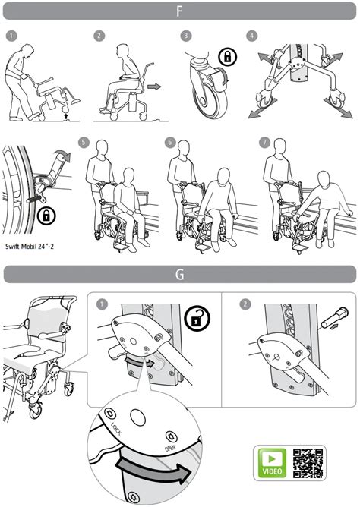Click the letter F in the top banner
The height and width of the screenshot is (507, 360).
[179, 11]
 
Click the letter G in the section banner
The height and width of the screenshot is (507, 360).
[179, 274]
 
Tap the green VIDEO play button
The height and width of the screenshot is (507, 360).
[272, 463]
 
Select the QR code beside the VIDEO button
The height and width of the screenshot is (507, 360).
[308, 463]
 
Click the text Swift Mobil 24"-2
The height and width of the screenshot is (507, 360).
[30, 247]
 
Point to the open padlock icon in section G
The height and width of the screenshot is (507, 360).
[197, 319]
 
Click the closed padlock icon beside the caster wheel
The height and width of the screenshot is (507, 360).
[228, 57]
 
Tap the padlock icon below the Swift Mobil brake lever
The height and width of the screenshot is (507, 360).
[46, 216]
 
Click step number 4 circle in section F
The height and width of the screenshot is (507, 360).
[251, 36]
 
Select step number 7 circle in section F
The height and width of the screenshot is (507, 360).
[264, 142]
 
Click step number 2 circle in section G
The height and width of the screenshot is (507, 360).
[245, 304]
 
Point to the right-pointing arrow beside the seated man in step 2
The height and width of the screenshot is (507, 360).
[154, 87]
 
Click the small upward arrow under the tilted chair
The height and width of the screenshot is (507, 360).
[66, 116]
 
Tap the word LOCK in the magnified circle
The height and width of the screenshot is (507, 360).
[116, 428]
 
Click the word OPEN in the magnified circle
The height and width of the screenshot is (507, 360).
[170, 448]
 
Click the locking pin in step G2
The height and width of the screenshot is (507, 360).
[335, 318]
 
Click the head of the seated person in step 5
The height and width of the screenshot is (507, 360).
[128, 176]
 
